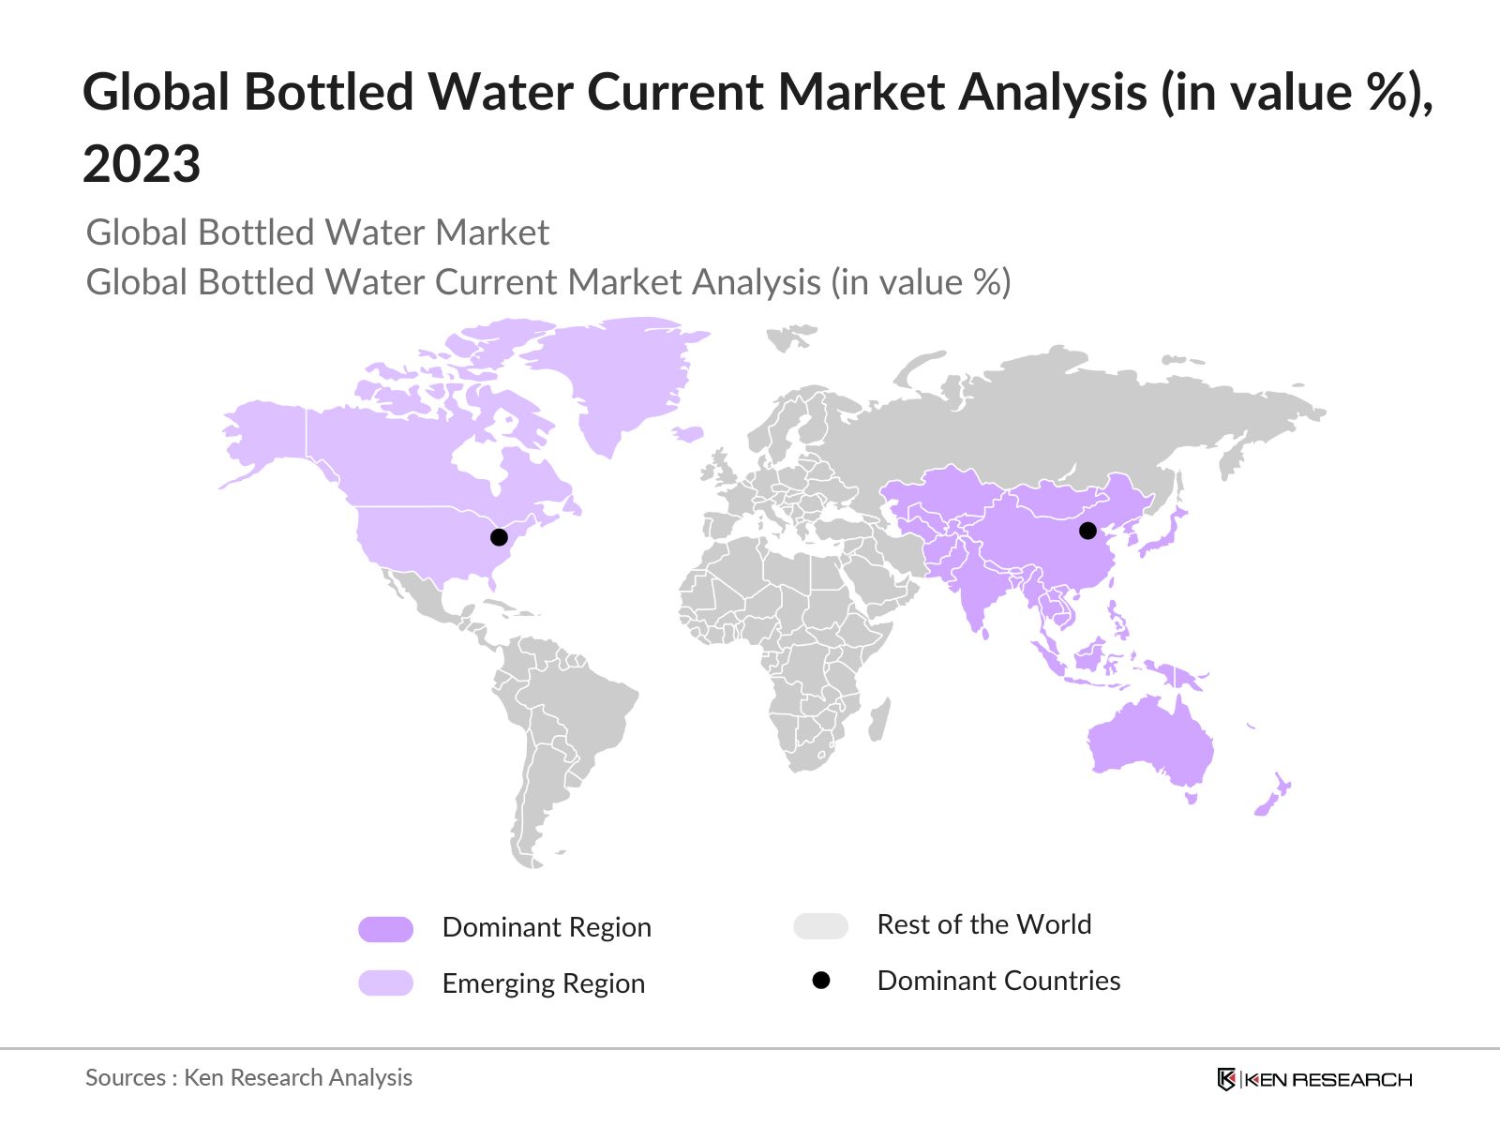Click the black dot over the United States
(x=499, y=537)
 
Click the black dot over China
(x=1087, y=531)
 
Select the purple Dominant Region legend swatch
(x=385, y=929)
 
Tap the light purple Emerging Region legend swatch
(x=385, y=982)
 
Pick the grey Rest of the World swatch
(x=820, y=926)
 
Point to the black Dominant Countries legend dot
(x=821, y=981)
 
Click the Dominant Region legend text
(x=547, y=927)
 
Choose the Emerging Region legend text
(x=544, y=983)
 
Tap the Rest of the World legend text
(x=983, y=924)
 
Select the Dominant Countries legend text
(x=998, y=981)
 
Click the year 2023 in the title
(x=142, y=164)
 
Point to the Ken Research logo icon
(x=1226, y=1079)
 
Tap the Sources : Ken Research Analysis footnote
(x=248, y=1077)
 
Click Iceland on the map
(x=689, y=434)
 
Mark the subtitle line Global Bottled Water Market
(x=317, y=232)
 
